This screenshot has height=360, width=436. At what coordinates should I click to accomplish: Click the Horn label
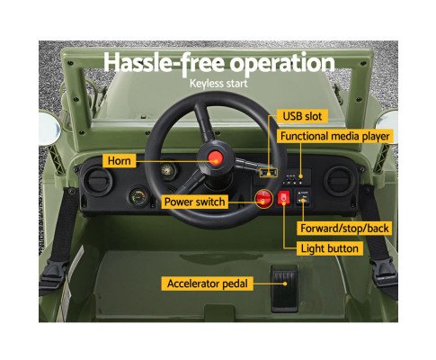[x=120, y=160]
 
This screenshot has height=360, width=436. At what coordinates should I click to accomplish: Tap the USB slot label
[x=302, y=116]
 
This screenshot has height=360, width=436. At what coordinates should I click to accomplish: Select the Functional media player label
[x=334, y=136]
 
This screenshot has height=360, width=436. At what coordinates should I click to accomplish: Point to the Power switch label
[x=194, y=202]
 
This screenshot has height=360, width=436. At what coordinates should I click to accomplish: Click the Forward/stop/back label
[x=344, y=229]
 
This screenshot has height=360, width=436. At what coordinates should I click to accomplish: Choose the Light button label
[x=330, y=248]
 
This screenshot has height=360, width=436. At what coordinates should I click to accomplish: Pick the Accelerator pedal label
[x=208, y=283]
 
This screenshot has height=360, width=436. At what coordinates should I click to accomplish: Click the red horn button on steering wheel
[x=215, y=157]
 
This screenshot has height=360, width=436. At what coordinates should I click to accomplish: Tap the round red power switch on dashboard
[x=263, y=198]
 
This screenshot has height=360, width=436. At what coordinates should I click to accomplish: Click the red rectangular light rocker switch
[x=283, y=198]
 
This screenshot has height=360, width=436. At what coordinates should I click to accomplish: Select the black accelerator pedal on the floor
[x=285, y=288]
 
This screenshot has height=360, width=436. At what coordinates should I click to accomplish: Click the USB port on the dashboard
[x=268, y=173]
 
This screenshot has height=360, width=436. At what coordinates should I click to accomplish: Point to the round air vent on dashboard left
[x=98, y=182]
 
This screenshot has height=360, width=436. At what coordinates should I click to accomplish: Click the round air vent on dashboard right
[x=339, y=181]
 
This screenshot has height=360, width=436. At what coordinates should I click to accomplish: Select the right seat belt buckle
[x=385, y=274]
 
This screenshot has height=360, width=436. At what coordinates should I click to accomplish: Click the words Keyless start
[x=218, y=84]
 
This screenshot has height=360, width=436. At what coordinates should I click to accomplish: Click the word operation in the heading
[x=282, y=64]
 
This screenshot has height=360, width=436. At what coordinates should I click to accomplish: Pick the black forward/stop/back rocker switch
[x=303, y=197]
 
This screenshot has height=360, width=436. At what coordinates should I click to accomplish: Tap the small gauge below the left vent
[x=138, y=197]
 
